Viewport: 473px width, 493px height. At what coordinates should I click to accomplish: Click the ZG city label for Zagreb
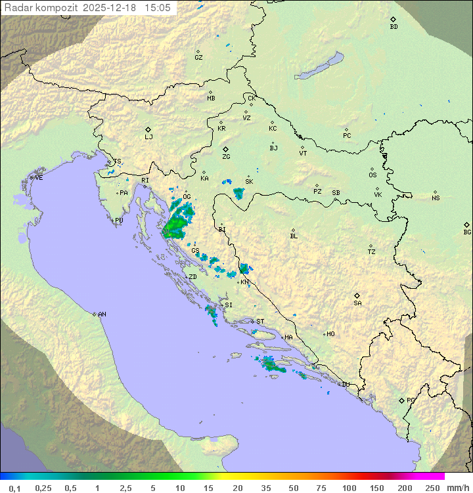(226, 158)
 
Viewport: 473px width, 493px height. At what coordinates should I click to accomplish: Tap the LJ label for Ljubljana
(148, 137)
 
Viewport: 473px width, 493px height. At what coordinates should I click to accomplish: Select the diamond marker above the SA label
(357, 295)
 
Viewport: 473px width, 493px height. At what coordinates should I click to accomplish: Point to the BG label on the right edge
(467, 232)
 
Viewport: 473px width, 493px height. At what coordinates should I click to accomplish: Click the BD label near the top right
(394, 27)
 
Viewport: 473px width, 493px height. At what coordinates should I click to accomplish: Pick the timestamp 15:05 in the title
(157, 8)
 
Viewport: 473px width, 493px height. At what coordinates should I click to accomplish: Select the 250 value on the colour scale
(432, 488)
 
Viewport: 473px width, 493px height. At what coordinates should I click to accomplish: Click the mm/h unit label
(457, 488)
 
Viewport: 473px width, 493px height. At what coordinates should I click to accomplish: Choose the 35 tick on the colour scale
(266, 488)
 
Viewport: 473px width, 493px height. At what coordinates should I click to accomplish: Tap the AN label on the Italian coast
(102, 314)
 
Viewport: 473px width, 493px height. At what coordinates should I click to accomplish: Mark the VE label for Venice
(39, 178)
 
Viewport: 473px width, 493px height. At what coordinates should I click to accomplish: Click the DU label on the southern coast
(345, 385)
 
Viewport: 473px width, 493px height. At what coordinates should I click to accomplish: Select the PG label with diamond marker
(411, 400)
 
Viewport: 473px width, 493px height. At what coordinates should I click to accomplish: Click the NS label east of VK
(436, 198)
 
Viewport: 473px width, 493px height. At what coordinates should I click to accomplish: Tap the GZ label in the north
(198, 58)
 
